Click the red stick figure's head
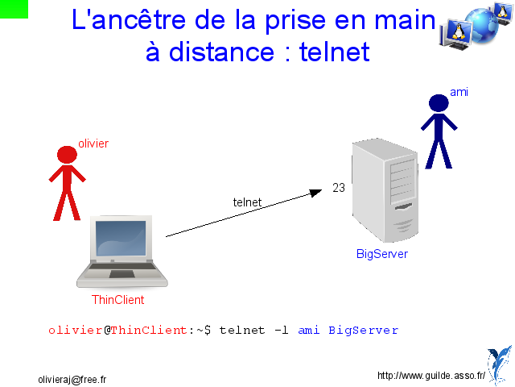coord(67,154)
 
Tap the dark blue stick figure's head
coord(439,103)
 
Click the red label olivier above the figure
coord(93,144)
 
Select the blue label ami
coord(459,92)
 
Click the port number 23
coord(339,188)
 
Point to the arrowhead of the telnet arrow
coord(316,193)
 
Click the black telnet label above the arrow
coord(247,202)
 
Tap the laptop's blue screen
coord(121,239)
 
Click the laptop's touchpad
coord(122,274)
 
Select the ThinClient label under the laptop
coord(118,300)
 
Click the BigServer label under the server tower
coord(382,254)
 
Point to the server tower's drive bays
coord(402,181)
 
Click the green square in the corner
coord(14,9)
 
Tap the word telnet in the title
coord(335,52)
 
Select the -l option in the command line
coord(282,330)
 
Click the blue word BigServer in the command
coord(364,330)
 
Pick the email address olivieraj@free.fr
coord(72,380)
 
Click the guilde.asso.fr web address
coord(431,376)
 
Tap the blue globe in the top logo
coord(482,25)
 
